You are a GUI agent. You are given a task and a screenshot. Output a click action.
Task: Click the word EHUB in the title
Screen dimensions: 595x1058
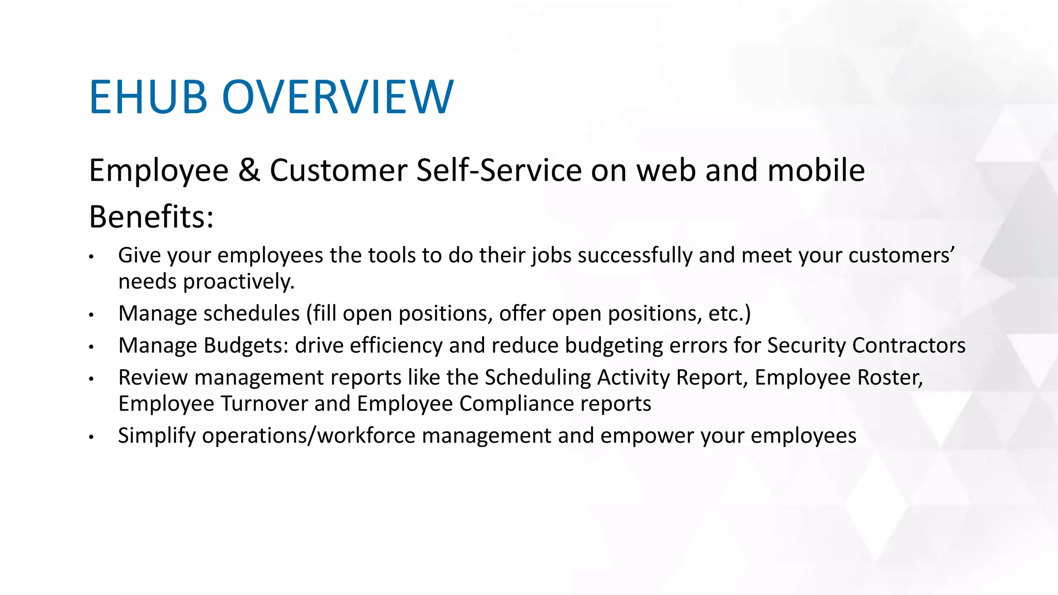pos(148,97)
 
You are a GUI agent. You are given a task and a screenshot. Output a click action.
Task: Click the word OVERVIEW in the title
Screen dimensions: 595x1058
pos(338,97)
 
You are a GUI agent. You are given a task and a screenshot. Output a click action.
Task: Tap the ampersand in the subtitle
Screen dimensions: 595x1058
pos(249,170)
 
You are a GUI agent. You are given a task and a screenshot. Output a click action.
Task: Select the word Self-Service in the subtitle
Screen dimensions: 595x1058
pos(499,170)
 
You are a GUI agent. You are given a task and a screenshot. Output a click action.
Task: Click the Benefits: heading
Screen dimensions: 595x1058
pos(151,217)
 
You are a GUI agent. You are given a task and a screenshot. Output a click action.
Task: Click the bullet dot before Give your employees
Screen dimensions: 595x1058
pos(91,257)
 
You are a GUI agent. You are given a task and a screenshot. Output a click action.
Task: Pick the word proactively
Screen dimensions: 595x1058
pos(239,282)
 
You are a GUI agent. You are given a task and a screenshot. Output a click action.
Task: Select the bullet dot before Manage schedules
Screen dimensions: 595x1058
pos(91,315)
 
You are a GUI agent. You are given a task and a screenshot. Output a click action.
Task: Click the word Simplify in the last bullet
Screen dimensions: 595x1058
pos(157,436)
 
